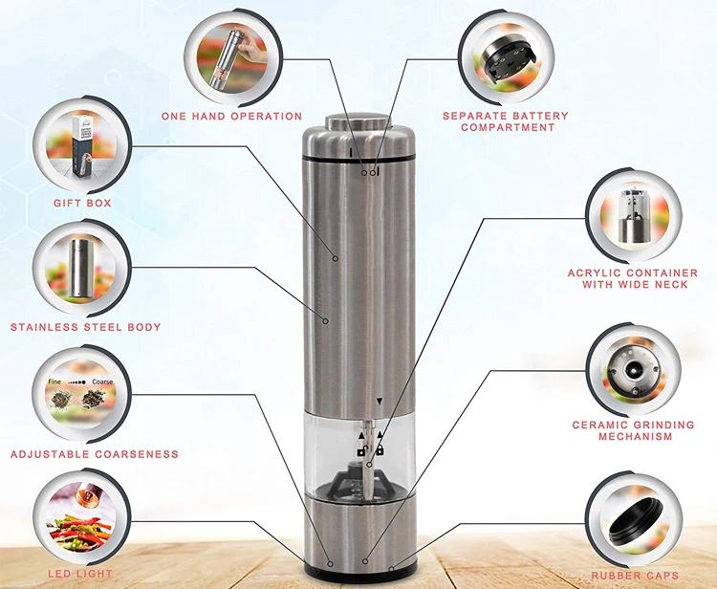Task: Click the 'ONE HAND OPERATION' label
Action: point(231,116)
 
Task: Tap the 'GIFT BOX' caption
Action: point(82,203)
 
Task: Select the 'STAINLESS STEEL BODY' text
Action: point(85,327)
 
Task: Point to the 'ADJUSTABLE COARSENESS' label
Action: point(95,454)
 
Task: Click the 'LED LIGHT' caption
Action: point(80,574)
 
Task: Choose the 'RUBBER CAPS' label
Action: point(635,576)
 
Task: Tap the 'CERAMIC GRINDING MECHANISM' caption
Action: point(634,431)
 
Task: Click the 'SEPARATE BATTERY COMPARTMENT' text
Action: point(506,121)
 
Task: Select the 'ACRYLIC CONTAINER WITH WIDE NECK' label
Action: point(633,278)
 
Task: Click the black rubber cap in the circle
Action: point(636,521)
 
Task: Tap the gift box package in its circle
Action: point(83,145)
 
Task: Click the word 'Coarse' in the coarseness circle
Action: point(102,382)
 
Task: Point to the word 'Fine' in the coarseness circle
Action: point(54,382)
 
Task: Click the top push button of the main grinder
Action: point(358,121)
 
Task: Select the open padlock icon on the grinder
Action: point(362,450)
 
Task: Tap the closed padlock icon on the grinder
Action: point(380,449)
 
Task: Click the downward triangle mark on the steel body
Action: point(380,402)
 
